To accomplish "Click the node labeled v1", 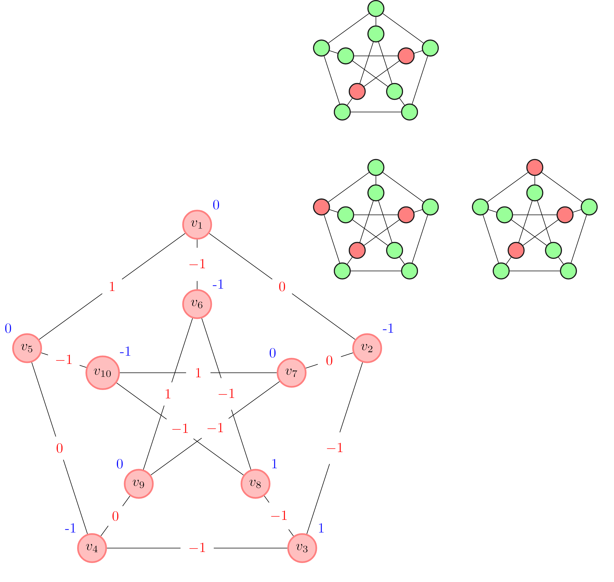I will point(197,225).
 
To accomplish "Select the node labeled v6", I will point(197,304).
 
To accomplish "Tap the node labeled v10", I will point(103,373).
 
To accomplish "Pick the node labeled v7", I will point(291,373).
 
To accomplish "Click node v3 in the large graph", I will point(302,548).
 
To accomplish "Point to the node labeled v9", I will point(139,484).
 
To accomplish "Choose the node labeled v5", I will point(27,348).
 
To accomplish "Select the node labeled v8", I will point(255,484).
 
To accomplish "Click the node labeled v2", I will point(367,348).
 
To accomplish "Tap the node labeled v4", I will point(92,548).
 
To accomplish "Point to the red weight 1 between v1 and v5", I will point(112,287).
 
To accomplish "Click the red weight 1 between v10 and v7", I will point(198,373).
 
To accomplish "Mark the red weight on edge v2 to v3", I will point(335,448).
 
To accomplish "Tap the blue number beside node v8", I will point(274,464).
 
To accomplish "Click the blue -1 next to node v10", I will point(125,351).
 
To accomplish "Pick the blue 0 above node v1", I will point(216,205).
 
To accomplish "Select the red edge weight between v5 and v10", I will point(64,360).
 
